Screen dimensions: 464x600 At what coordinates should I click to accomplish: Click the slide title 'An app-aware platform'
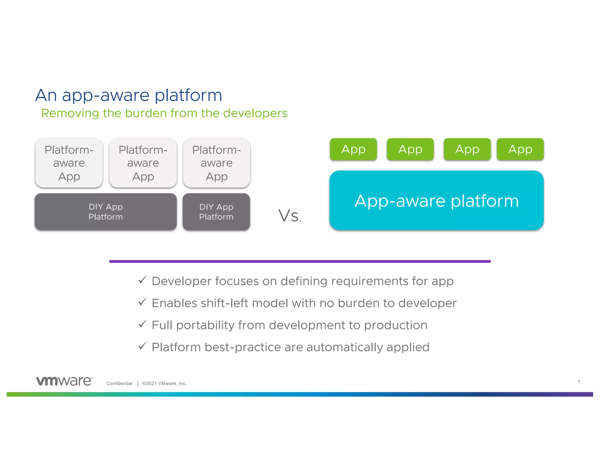click(128, 95)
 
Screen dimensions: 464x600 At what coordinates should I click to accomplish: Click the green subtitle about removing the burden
click(164, 113)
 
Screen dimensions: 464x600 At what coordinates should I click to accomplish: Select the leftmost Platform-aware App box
click(69, 163)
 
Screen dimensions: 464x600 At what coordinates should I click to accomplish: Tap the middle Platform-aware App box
click(143, 163)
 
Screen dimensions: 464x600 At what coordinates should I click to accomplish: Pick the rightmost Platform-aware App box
click(217, 163)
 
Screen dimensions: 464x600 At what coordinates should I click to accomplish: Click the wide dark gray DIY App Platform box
click(105, 212)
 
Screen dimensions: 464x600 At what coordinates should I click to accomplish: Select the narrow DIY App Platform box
click(216, 212)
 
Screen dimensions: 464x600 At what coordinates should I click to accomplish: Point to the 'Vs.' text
click(289, 216)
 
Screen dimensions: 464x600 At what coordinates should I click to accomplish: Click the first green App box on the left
click(353, 149)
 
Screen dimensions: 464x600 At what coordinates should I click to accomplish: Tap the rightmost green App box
click(520, 149)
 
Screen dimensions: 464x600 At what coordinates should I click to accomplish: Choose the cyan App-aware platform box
click(437, 201)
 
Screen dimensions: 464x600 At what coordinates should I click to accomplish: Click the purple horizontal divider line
click(300, 261)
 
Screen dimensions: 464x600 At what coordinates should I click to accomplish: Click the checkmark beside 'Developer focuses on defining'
click(142, 280)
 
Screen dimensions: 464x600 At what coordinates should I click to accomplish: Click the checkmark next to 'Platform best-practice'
click(142, 346)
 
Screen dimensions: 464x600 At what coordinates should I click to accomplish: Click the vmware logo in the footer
click(64, 381)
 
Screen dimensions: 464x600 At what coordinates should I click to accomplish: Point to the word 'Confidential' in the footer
click(119, 384)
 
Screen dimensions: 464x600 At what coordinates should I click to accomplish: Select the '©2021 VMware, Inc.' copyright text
click(164, 384)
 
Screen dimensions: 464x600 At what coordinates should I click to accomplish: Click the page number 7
click(579, 382)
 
